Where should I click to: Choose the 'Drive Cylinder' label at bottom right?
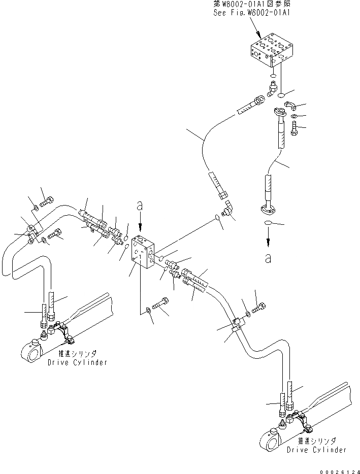coord(316,450)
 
